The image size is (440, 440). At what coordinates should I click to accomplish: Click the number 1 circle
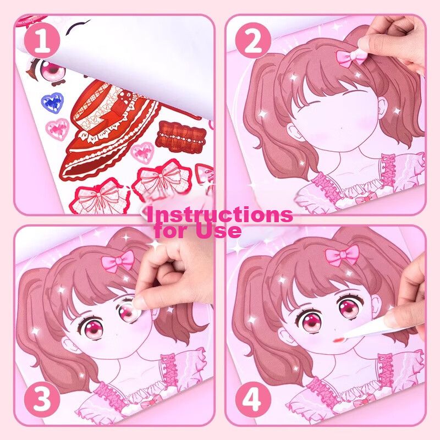pyautogui.click(x=42, y=41)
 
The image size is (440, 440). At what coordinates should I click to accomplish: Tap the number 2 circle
pyautogui.click(x=253, y=41)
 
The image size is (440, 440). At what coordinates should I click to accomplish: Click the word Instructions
pyautogui.click(x=219, y=215)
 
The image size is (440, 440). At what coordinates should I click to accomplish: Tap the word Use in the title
pyautogui.click(x=219, y=231)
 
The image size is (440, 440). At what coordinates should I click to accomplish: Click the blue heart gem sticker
pyautogui.click(x=52, y=103)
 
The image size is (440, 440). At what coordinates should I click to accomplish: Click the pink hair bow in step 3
pyautogui.click(x=118, y=261)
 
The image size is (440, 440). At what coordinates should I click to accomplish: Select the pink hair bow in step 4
pyautogui.click(x=342, y=255)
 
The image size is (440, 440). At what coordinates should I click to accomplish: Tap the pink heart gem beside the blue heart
pyautogui.click(x=58, y=129)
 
